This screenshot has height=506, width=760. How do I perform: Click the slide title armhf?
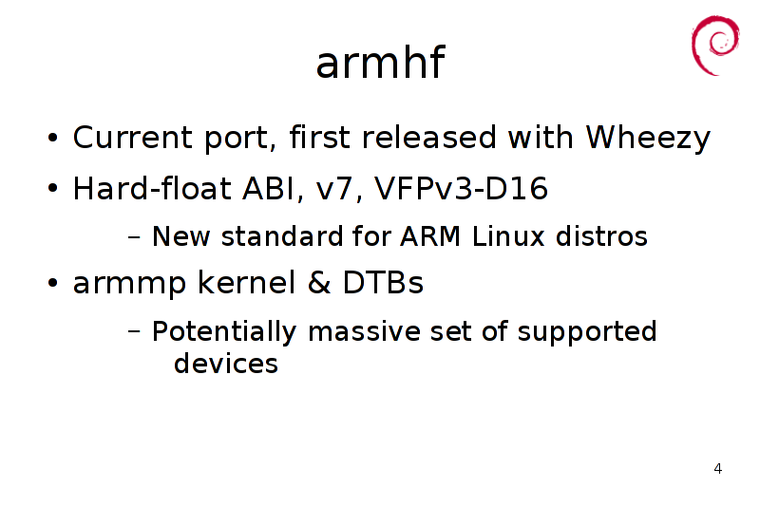(380, 63)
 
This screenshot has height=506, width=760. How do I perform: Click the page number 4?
(718, 469)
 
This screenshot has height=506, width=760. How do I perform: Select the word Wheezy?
(648, 139)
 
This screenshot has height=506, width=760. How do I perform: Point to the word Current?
(132, 138)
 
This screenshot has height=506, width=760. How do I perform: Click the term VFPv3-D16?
(461, 188)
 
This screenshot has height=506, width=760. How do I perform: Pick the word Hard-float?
(152, 188)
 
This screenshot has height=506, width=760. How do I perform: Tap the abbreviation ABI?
(269, 188)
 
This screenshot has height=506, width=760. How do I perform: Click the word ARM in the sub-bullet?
(430, 236)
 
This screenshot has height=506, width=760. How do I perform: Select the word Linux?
(508, 236)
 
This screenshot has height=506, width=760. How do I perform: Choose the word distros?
(601, 236)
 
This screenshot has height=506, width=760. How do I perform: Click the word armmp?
(129, 284)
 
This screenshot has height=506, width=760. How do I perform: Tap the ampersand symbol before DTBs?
(319, 283)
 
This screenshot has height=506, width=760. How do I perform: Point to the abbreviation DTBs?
(383, 283)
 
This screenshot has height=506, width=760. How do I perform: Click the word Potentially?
(224, 332)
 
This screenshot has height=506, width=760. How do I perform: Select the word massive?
(364, 332)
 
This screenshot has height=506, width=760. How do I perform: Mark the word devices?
(226, 364)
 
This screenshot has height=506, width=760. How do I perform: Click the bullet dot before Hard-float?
(53, 187)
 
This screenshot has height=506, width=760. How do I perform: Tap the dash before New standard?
(134, 237)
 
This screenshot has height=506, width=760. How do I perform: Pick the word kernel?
(246, 283)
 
